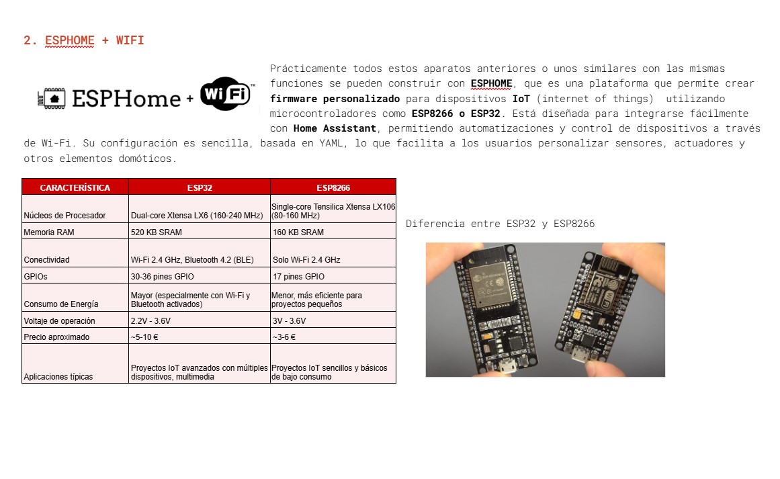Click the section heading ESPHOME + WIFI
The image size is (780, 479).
83,40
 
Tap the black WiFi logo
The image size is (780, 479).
225,94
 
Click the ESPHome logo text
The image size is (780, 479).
126,99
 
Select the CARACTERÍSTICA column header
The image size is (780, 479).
75,187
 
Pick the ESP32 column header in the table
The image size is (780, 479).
200,187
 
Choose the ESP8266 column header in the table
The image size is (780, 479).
333,187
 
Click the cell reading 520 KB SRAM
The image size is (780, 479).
157,232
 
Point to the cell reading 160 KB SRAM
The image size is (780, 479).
298,232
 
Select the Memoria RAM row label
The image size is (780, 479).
48,232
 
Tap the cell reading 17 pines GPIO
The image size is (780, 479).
298,277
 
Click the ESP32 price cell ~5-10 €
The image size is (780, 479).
144,337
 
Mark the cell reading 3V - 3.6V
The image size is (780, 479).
289,321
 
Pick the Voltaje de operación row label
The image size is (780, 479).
60,321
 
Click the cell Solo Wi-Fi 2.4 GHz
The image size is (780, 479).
306,260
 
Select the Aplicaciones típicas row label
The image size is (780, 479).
58,377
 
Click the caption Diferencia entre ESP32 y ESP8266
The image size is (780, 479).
500,224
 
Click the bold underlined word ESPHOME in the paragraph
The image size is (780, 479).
491,84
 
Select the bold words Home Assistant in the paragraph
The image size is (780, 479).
335,128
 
